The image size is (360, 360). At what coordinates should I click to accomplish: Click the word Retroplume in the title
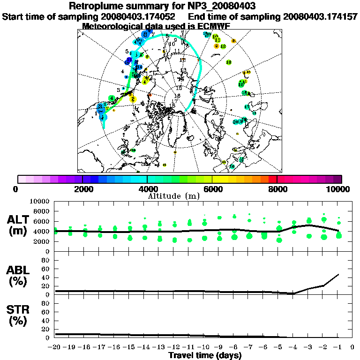click(x=94, y=7)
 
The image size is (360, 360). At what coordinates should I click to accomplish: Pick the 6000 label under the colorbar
click(x=212, y=189)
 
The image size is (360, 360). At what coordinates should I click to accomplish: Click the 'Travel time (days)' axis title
click(x=205, y=355)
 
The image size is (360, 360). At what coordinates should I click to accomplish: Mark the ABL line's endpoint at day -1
click(x=338, y=274)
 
